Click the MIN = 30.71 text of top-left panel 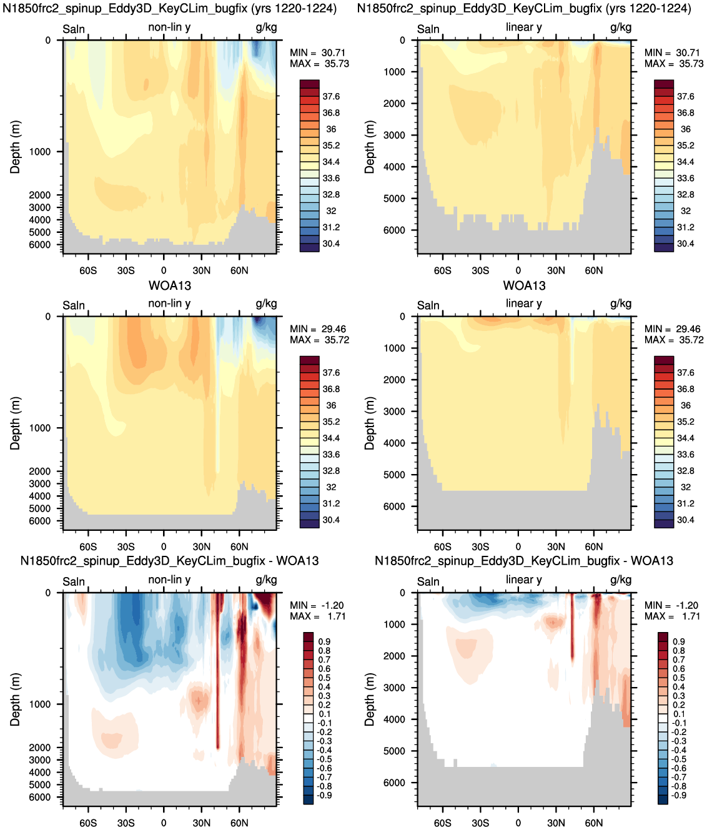317,52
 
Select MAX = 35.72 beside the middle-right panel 674,340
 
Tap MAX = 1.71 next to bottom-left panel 317,616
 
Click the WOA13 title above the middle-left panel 170,285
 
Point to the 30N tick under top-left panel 201,270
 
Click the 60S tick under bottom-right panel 442,823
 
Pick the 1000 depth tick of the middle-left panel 40,428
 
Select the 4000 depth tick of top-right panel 395,167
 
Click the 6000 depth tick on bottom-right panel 395,782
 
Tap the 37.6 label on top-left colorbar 331,96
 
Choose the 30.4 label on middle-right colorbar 685,520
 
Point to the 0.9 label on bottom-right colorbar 678,641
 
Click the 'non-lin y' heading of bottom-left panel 169,580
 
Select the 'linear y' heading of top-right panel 524,27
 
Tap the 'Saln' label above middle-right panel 428,305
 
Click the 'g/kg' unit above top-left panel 267,27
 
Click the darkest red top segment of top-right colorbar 664,84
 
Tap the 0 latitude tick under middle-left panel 164,546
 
